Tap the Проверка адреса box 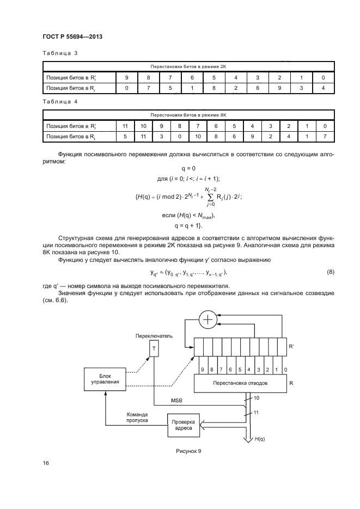click(184, 424)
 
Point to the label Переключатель click(154, 336)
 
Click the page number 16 click(46, 463)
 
